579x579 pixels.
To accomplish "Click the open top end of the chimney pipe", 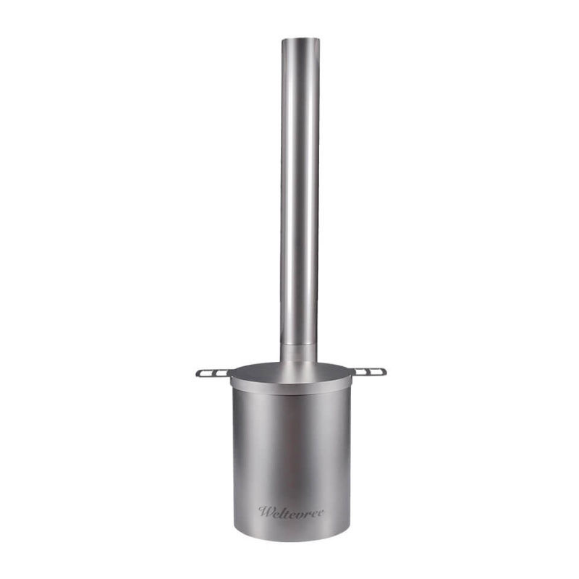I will pyautogui.click(x=300, y=40).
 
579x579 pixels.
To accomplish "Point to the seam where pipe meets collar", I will pyautogui.click(x=298, y=344).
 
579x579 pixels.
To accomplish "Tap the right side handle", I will pyautogui.click(x=369, y=372).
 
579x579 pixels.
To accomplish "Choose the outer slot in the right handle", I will pyautogui.click(x=377, y=373).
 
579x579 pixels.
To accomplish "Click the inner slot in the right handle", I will pyautogui.click(x=362, y=372).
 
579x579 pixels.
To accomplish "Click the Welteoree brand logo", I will pyautogui.click(x=291, y=512).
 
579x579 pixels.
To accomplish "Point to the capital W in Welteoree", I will pyautogui.click(x=265, y=512).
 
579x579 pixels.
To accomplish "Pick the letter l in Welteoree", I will pyautogui.click(x=282, y=511).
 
